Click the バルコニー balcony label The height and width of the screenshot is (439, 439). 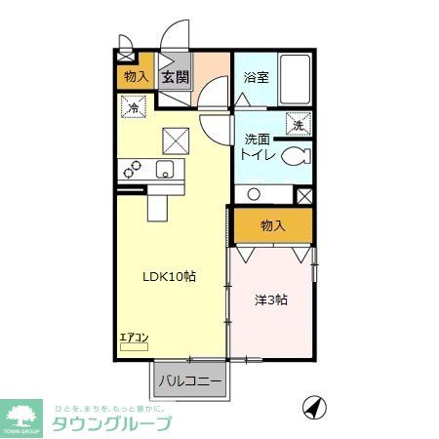[x=189, y=379]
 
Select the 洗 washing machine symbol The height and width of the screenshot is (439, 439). [x=299, y=125]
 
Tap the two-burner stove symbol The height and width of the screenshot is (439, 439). [x=132, y=170]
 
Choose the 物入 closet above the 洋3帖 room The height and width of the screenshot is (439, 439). [x=272, y=225]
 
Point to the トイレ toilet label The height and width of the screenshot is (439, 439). [x=258, y=156]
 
